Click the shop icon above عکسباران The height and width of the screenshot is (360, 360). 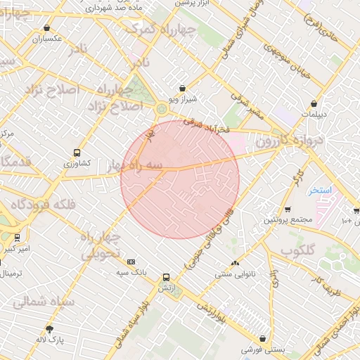pos(47,28)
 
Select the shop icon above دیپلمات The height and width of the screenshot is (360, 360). pos(314,103)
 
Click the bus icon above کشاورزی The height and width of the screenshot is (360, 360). pos(77,153)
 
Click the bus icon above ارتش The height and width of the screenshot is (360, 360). pos(166,277)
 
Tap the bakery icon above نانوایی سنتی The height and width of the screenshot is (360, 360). pos(235,263)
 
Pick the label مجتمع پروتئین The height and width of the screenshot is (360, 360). pos(288,220)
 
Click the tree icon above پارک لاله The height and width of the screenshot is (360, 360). pos(49,329)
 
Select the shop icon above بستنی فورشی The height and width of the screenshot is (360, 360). pos(262,338)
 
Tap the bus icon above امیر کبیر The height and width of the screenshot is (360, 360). pos(17,238)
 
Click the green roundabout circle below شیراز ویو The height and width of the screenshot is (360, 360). pos(162,108)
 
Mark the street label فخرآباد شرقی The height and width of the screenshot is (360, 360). pos(211,127)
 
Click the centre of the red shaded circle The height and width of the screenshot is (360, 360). pos(180,179)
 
